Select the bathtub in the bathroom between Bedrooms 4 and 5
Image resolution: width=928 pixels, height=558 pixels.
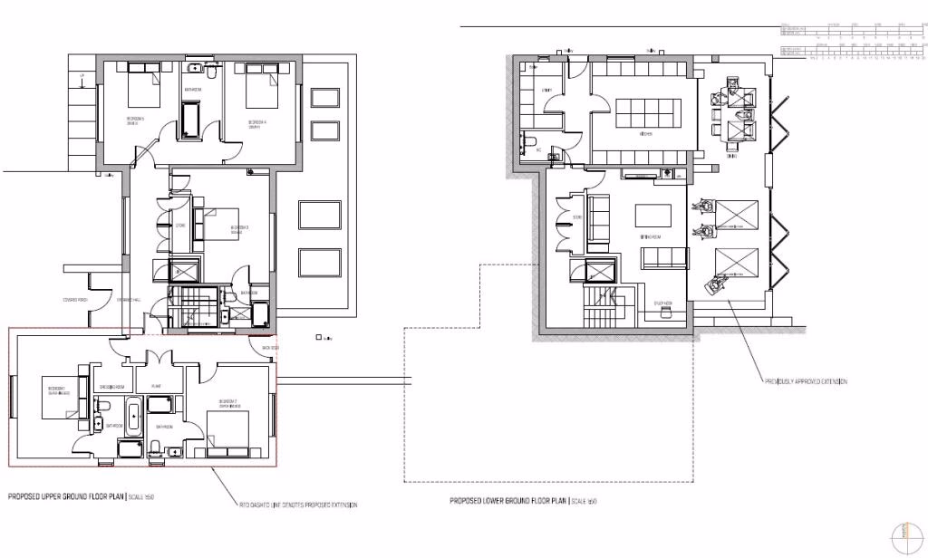[193, 120]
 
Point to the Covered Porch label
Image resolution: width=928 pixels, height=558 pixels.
[74, 300]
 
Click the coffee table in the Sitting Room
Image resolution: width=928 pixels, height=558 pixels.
[652, 216]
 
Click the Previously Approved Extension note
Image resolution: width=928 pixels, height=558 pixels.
[806, 382]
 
